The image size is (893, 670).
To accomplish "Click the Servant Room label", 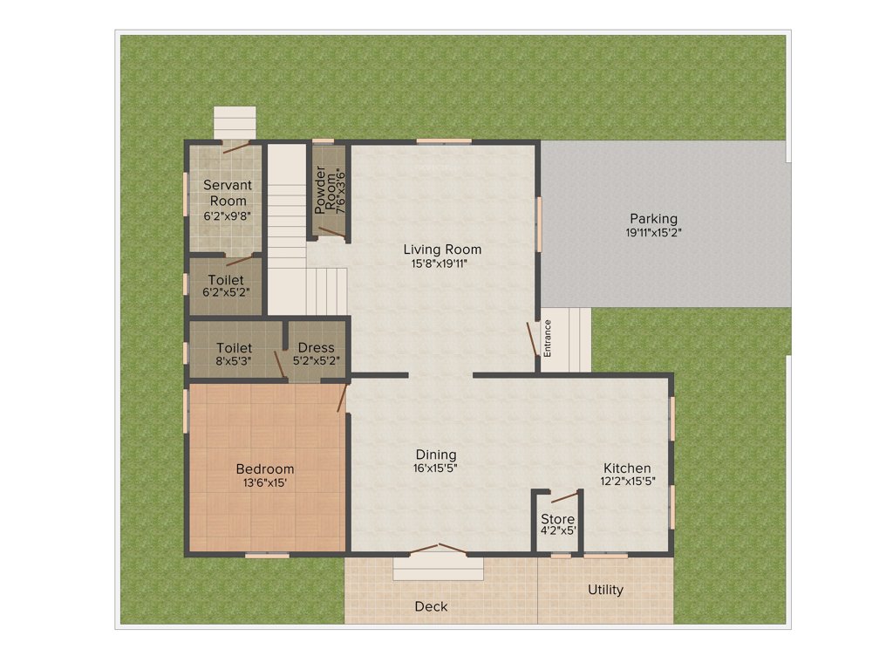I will (228, 193).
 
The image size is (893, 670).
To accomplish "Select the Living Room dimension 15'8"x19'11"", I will (441, 263).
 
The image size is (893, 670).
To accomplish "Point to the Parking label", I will (653, 219).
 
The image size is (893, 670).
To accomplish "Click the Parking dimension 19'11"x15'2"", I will (653, 233).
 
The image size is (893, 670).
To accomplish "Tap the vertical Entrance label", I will (549, 339).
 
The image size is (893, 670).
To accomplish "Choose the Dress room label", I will (315, 348).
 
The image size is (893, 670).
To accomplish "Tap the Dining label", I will (435, 455).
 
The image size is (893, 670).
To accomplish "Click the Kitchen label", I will (626, 468).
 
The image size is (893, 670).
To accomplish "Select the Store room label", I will (557, 519).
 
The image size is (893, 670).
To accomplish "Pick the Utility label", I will (605, 590).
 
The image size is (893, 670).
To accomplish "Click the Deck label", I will (431, 606).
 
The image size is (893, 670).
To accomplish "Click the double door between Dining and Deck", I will (439, 549).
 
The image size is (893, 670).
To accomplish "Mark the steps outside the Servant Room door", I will (235, 122).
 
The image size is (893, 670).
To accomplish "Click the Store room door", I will (563, 497).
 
